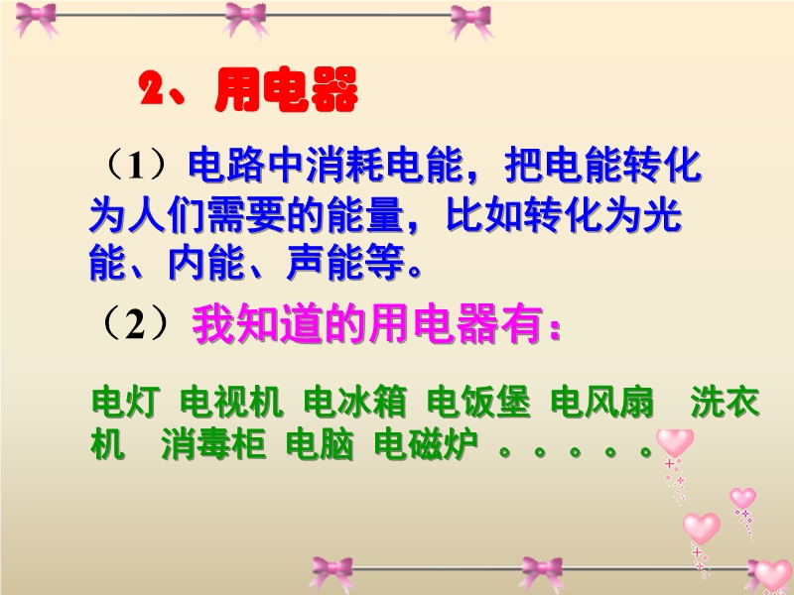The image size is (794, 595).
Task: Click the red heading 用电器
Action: click(287, 89)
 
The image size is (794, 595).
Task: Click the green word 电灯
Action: click(126, 403)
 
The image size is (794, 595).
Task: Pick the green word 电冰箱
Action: click(355, 403)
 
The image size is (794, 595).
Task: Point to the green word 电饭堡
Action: click(479, 403)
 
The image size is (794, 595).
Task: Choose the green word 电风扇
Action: click(602, 403)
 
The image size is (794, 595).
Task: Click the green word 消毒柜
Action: click(213, 445)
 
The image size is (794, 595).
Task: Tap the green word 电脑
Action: click(320, 445)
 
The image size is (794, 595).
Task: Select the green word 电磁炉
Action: click(426, 445)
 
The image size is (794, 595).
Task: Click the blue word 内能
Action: click(206, 263)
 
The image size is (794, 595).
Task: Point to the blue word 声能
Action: click(326, 263)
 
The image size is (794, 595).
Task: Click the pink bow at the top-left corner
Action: click(37, 19)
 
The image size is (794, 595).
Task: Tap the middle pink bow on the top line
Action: click(246, 19)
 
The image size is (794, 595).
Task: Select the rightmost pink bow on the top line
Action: click(470, 21)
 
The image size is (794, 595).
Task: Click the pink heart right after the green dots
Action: click(675, 443)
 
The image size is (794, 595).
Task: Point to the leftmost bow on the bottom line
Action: click(332, 573)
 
